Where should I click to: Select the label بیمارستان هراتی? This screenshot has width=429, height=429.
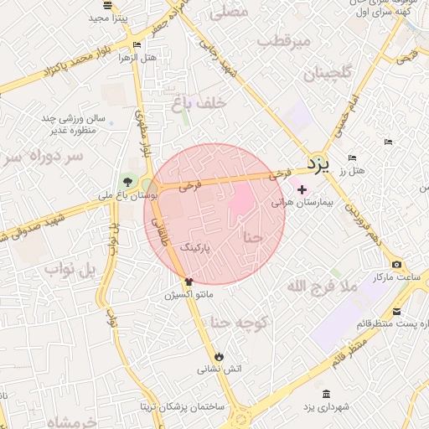coord(303,204)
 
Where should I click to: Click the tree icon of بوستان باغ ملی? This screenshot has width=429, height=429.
coord(127,181)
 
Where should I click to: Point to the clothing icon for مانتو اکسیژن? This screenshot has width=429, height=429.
coord(189,282)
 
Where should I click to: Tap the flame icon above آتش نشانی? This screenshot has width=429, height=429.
coord(220,355)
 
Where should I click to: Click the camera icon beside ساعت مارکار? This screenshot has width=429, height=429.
coord(396,265)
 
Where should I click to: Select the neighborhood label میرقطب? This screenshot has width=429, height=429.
coord(283,40)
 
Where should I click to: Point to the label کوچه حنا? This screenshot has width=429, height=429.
coord(238,322)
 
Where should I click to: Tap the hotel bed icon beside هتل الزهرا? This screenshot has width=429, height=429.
coord(137,45)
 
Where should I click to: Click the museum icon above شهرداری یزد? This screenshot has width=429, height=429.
coord(325,395)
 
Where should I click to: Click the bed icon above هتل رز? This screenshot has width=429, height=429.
coord(351,158)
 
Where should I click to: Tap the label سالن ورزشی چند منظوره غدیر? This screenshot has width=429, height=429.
coord(70,125)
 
